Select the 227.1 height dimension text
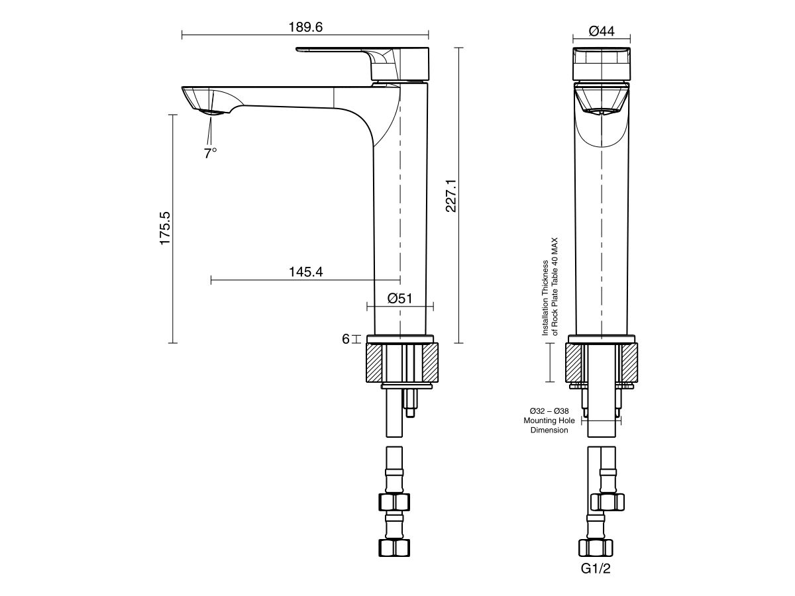(x=450, y=195)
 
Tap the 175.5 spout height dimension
(x=165, y=228)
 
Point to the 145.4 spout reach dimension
(x=305, y=272)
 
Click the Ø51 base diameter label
(x=400, y=298)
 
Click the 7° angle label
(x=211, y=153)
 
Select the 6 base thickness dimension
(x=346, y=339)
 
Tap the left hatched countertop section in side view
(x=375, y=363)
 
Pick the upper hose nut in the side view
(x=394, y=501)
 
